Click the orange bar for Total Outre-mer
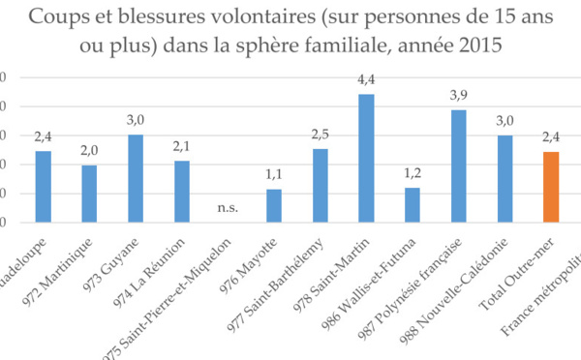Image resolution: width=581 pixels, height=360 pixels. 551,187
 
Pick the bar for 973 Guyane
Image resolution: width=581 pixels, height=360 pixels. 136,178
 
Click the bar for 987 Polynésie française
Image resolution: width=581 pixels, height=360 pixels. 459,165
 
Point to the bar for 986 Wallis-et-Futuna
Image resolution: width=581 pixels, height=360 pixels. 413,204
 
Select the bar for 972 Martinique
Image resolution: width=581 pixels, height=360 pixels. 89,193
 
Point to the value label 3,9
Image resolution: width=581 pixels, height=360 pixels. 459,97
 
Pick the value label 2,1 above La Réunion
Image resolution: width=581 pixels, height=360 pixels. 182,148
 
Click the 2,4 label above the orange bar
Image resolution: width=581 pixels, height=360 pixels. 551,139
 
